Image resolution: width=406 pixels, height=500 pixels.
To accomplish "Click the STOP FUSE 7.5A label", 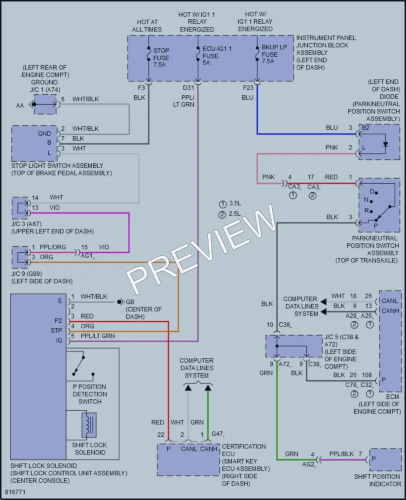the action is pos(161,58).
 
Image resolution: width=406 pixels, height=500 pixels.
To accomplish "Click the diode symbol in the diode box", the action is pos(386,144).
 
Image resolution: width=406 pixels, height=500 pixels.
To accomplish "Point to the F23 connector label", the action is pos(248,88).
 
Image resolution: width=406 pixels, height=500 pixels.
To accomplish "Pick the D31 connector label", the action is pos(188,88).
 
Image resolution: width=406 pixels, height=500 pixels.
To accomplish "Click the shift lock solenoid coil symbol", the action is pos(89,425).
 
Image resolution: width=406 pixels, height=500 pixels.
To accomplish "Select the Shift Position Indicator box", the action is pos(385,460).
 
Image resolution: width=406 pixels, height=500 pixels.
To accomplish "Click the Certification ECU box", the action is pos(188,460).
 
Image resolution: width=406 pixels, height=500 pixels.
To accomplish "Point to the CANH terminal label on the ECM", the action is pos(390,311).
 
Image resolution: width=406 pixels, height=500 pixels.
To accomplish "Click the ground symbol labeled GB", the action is pos(120,302).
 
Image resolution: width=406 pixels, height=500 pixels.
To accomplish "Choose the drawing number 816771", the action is pos(15,492).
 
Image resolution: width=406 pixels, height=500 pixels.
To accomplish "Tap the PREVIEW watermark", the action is pos(201,248).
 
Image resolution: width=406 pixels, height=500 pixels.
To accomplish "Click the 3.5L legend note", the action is pos(230,204).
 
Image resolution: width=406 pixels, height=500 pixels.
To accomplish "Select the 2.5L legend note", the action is pos(230,214).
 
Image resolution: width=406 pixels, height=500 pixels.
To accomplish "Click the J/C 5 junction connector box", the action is pos(294,346).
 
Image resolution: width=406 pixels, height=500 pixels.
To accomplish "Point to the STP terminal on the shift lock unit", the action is pos(56,331).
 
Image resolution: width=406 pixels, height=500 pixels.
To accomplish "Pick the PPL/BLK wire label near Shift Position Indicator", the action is pos(341,454).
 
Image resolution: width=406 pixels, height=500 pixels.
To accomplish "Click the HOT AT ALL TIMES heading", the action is pos(147,26).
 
